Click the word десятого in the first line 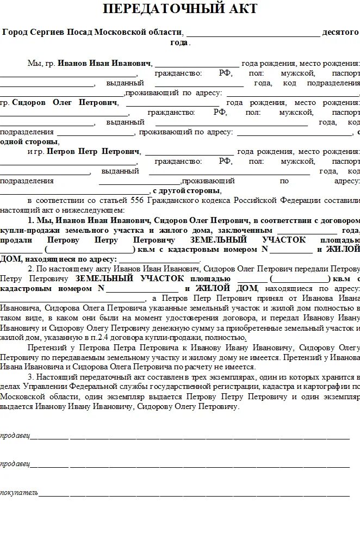341,32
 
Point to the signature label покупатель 19,493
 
